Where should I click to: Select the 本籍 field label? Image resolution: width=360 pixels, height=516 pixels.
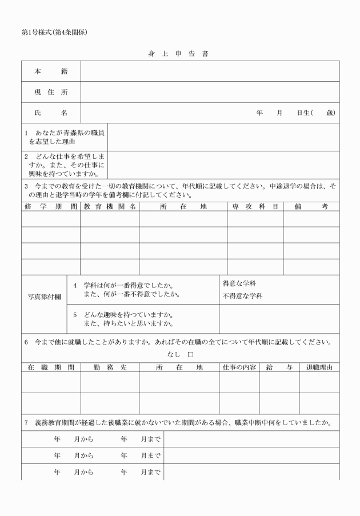[x=51, y=71]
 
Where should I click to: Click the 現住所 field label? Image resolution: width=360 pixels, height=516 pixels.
[x=51, y=92]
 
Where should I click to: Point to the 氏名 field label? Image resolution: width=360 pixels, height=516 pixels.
[x=51, y=113]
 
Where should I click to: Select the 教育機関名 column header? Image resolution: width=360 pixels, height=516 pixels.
[x=109, y=206]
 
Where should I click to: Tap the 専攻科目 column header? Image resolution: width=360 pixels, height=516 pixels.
[x=255, y=206]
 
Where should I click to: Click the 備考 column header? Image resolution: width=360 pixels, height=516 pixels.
[x=311, y=206]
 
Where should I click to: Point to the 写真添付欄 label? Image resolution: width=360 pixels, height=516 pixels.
[x=45, y=297]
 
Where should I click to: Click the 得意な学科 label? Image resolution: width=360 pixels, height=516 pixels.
[x=239, y=284]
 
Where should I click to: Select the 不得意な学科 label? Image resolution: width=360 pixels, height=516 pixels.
[x=243, y=296]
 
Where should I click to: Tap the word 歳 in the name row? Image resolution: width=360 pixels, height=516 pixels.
[x=330, y=113]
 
